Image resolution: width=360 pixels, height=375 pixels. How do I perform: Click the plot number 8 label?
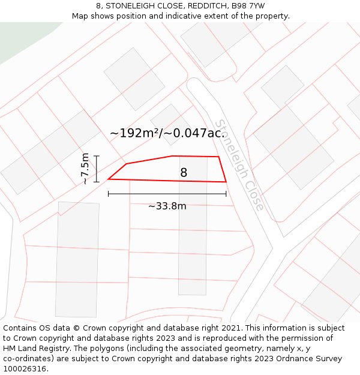pyautogui.click(x=184, y=173)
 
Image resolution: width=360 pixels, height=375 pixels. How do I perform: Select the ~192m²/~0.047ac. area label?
pyautogui.click(x=167, y=133)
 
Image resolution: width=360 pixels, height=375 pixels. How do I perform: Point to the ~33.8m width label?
pyautogui.click(x=167, y=206)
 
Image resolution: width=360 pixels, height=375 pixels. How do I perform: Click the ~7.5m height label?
pyautogui.click(x=85, y=169)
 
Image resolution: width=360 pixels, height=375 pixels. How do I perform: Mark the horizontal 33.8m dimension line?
pyautogui.click(x=167, y=194)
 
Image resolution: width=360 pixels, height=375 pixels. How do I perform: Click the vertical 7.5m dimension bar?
pyautogui.click(x=97, y=169)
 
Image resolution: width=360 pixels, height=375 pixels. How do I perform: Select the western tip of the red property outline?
pyautogui.click(x=109, y=179)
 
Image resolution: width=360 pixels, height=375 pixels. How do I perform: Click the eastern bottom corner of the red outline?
pyautogui.click(x=226, y=181)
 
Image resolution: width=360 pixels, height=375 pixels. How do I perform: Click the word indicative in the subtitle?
pyautogui.click(x=183, y=16)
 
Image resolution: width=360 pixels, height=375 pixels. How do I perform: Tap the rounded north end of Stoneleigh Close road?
pyautogui.click(x=196, y=85)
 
